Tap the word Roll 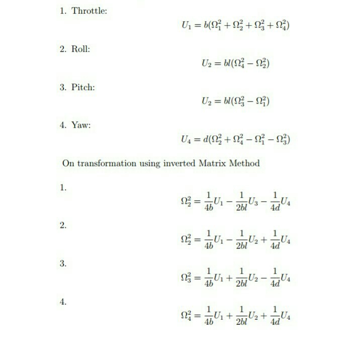click(81, 49)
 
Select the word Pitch click(83, 87)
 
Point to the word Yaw click(81, 125)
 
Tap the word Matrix click(215, 163)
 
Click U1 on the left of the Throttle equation click(184, 26)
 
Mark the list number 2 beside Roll click(63, 49)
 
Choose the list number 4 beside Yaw click(63, 125)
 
